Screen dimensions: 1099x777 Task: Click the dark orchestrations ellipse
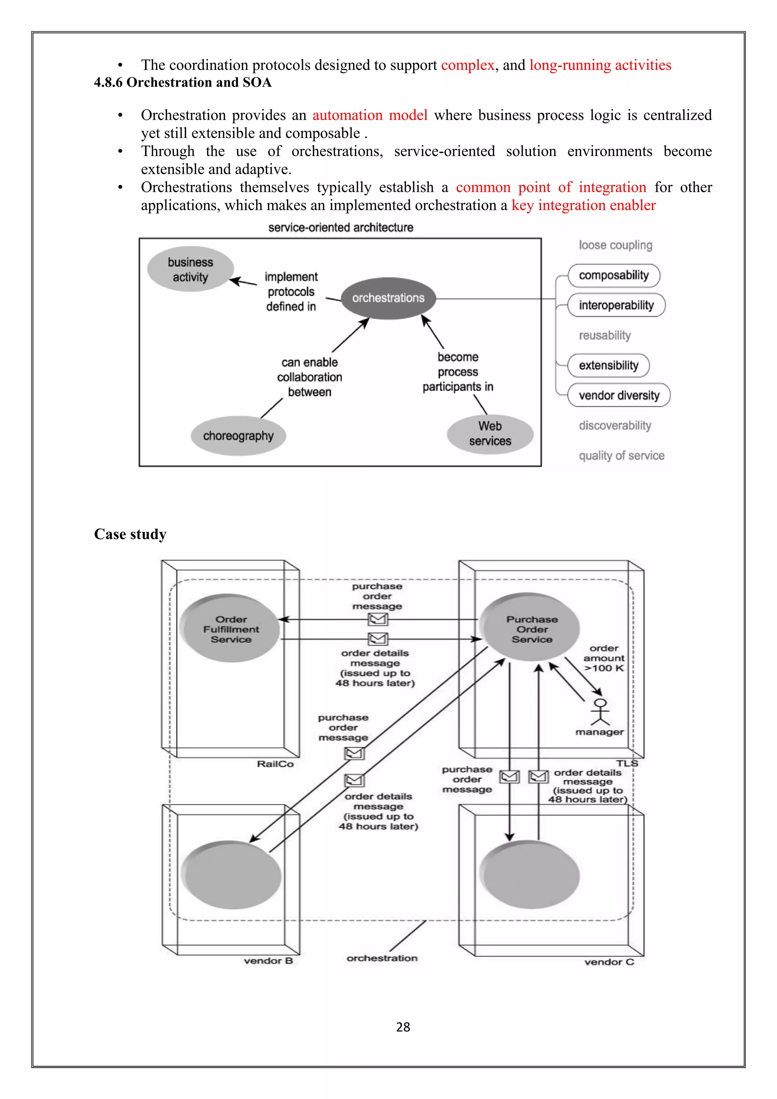[388, 298]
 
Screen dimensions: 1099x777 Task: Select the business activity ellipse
[190, 269]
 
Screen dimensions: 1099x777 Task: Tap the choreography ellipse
[238, 436]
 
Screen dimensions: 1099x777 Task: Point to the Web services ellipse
[490, 434]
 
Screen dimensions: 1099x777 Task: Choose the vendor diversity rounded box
[619, 395]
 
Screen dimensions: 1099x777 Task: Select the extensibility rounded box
[608, 366]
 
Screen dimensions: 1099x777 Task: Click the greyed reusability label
[605, 335]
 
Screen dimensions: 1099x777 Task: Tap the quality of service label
[621, 456]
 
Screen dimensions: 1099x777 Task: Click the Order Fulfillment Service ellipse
[231, 629]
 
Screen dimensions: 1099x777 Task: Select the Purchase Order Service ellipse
[531, 628]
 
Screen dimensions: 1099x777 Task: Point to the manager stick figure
[600, 712]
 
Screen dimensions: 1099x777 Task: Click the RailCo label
[275, 764]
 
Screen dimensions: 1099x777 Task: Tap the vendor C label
[609, 962]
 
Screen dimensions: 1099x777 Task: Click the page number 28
[403, 1027]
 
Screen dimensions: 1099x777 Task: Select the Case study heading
[130, 534]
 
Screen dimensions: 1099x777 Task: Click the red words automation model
[370, 115]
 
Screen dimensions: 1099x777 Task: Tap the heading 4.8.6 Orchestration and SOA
[183, 83]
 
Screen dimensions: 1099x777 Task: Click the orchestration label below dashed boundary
[382, 958]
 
